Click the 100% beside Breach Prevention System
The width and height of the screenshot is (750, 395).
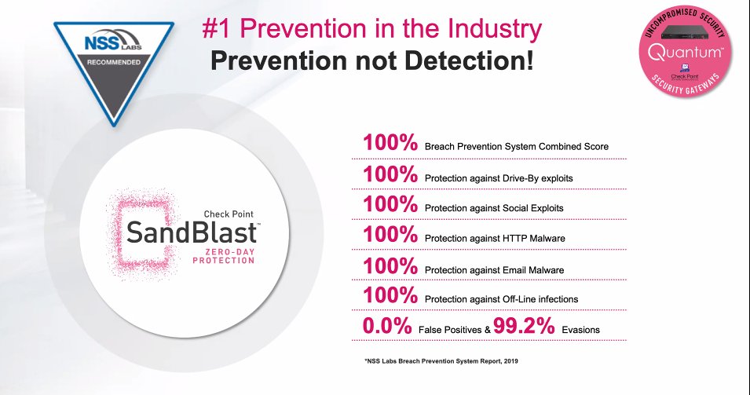[390, 144]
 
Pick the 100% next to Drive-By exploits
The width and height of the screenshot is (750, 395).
[390, 175]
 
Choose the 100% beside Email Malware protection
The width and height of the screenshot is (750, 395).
[390, 268]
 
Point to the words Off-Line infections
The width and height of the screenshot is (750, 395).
[542, 300]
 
